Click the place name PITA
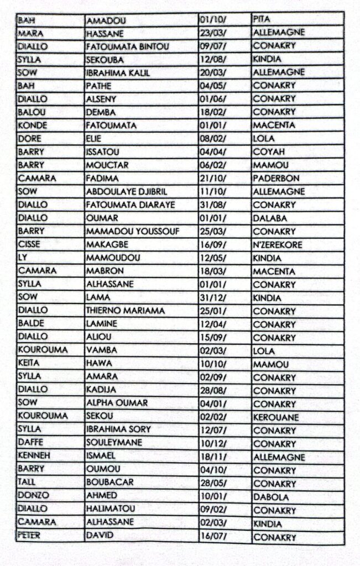[261, 19]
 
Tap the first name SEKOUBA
[105, 59]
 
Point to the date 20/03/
[214, 72]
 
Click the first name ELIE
[94, 139]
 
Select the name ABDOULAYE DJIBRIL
[126, 192]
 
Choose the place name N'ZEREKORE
[278, 245]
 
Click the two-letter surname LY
[22, 258]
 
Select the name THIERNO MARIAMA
[125, 311]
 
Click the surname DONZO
[33, 496]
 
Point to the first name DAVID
[100, 536]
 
